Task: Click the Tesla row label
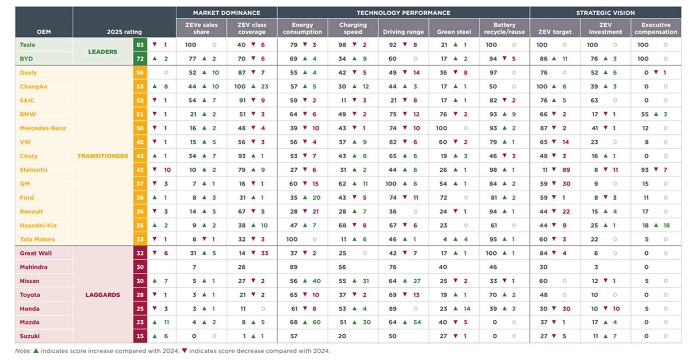pyautogui.click(x=27, y=45)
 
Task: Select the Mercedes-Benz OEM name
pyautogui.click(x=43, y=128)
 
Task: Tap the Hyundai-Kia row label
pyautogui.click(x=38, y=225)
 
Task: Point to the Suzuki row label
pyautogui.click(x=30, y=336)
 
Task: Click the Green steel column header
pyautogui.click(x=454, y=32)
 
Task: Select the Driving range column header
pyautogui.click(x=403, y=32)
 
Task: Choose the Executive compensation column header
pyautogui.click(x=656, y=28)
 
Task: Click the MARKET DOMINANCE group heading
pyautogui.click(x=226, y=13)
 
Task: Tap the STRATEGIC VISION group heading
pyautogui.click(x=605, y=13)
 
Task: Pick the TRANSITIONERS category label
pyautogui.click(x=102, y=156)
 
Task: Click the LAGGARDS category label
pyautogui.click(x=102, y=295)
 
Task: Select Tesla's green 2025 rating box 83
pyautogui.click(x=140, y=45)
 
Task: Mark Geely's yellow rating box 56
pyautogui.click(x=140, y=72)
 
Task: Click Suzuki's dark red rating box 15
pyautogui.click(x=140, y=336)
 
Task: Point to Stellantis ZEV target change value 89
pyautogui.click(x=566, y=170)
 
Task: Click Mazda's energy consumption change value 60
pyautogui.click(x=316, y=322)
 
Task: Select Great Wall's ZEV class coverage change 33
pyautogui.click(x=264, y=253)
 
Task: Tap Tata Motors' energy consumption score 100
pyautogui.click(x=292, y=239)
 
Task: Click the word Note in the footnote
pyautogui.click(x=23, y=351)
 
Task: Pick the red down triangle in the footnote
pyautogui.click(x=184, y=351)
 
